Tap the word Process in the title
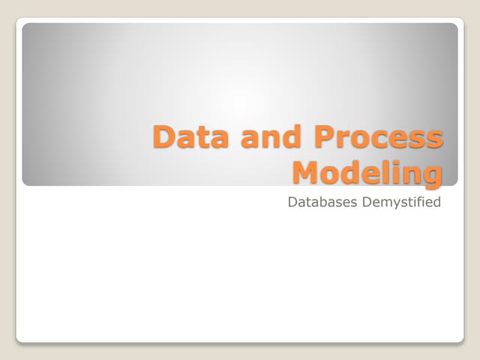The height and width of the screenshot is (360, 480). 378,138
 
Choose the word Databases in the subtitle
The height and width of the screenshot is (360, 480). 322,202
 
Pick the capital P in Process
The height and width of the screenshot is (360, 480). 325,138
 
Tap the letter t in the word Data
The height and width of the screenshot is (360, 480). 195,139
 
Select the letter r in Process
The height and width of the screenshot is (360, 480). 345,140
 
